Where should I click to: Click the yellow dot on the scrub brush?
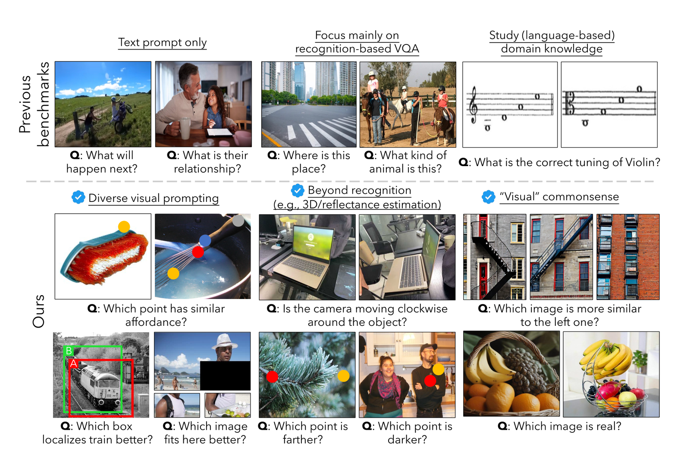tap(124, 227)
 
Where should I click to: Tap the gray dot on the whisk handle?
tap(238, 221)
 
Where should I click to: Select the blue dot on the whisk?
tap(205, 240)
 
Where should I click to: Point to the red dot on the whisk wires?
tap(198, 252)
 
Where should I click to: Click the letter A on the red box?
tap(73, 363)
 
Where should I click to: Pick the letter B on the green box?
tap(69, 350)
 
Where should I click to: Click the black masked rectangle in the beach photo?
tap(225, 375)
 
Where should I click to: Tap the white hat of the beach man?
tap(224, 342)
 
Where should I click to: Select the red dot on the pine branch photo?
tap(272, 377)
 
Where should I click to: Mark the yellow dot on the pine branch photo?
tap(343, 376)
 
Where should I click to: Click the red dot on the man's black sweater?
tap(430, 381)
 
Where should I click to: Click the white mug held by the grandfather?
tap(185, 128)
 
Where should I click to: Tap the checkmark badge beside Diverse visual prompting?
tap(78, 197)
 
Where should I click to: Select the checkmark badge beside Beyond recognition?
tap(298, 191)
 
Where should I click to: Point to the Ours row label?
tap(39, 311)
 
